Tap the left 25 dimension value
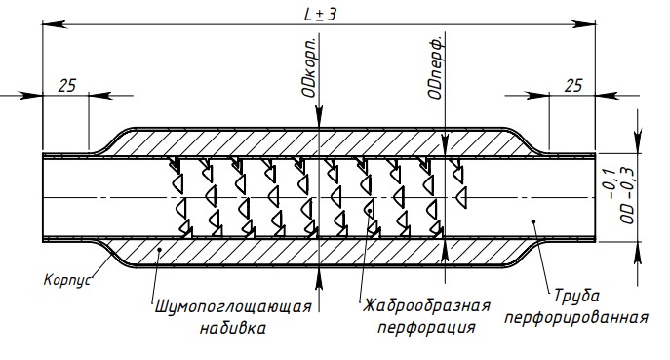pos(67,86)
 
